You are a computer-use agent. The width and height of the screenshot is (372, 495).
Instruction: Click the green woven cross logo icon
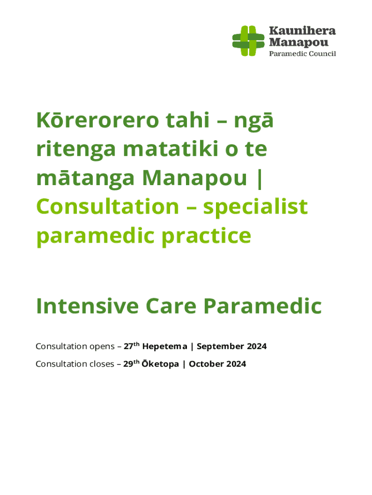click(248, 41)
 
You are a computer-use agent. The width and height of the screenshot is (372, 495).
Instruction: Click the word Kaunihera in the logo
click(302, 31)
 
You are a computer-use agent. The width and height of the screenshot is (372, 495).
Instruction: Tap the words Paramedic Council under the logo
click(302, 54)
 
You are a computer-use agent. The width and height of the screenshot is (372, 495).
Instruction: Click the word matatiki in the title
click(171, 148)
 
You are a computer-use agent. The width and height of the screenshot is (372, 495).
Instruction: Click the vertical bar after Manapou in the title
click(259, 179)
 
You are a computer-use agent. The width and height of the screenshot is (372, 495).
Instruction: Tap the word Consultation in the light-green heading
click(108, 207)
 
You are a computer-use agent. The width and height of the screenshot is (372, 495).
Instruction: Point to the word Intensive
click(87, 306)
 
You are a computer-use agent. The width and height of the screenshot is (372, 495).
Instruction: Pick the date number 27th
click(131, 346)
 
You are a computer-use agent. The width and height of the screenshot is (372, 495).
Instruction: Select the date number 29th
click(131, 364)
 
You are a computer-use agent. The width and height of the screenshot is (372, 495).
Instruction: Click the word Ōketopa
click(160, 364)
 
